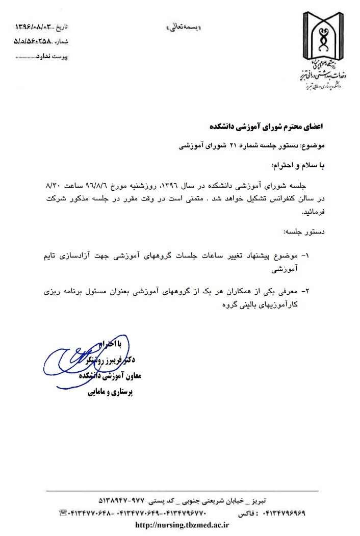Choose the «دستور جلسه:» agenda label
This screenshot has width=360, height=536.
coord(312,232)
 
